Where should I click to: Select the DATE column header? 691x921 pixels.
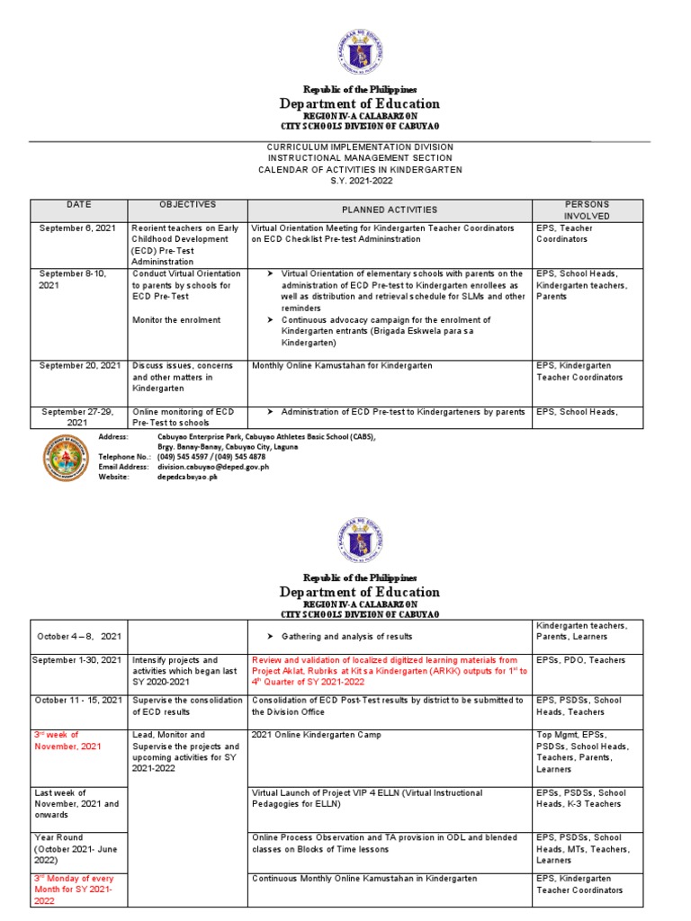[78, 205]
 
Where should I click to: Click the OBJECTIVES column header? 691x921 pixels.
[187, 205]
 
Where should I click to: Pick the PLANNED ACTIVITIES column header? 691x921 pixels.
[390, 210]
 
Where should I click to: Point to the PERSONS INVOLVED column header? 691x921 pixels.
[587, 210]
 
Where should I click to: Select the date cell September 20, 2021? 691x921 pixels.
[79, 365]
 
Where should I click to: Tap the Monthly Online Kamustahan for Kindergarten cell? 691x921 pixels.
[342, 365]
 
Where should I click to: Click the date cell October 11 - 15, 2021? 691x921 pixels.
[77, 700]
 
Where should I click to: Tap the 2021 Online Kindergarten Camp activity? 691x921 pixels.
[304, 735]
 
